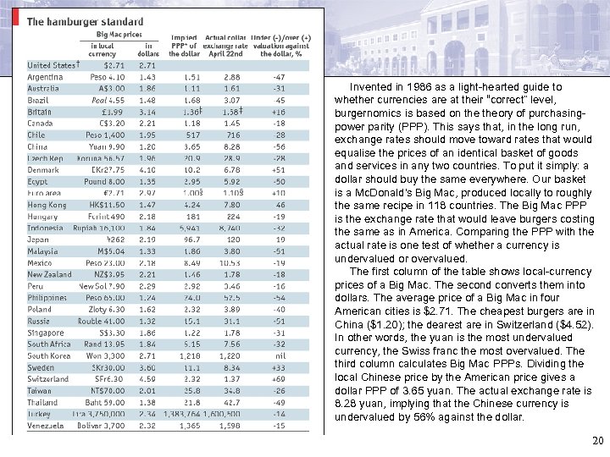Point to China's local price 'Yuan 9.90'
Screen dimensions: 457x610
pos(108,146)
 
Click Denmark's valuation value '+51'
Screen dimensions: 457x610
pos(278,169)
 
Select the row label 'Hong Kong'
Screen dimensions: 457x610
pos(47,205)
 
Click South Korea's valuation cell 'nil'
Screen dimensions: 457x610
pos(278,356)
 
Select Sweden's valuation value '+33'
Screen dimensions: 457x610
pos(278,368)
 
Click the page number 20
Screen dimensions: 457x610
pos(597,440)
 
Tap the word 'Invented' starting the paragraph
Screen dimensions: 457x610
pos(369,86)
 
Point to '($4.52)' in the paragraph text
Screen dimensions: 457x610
pos(586,323)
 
